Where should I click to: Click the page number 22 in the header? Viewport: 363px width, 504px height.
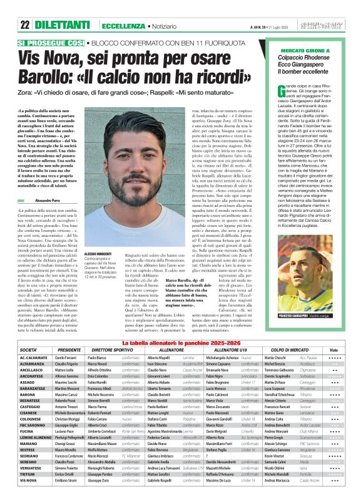pos(24,8)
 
